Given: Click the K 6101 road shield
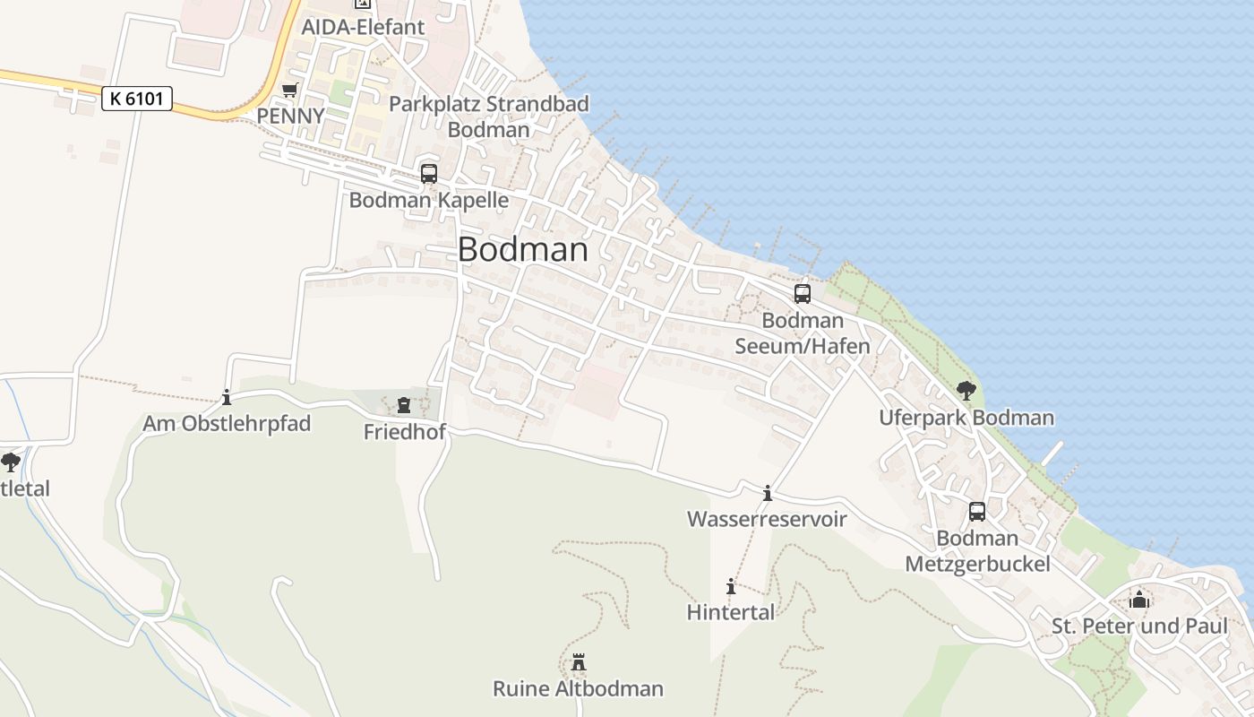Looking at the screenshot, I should tap(137, 99).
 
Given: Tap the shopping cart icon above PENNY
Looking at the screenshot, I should tap(289, 91).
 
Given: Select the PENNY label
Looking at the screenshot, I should tap(289, 117).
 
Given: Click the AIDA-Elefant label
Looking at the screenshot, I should tap(363, 27).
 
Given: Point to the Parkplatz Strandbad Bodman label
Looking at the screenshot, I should tap(489, 117).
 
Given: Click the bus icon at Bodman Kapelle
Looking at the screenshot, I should tap(429, 174).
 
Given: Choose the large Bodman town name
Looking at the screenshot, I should tap(523, 250).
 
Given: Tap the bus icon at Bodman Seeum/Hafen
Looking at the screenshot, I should tap(803, 294).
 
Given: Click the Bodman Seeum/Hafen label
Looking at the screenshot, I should tap(803, 333).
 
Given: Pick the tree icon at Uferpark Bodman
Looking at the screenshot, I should tap(966, 390).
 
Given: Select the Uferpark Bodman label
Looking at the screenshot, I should tap(966, 418).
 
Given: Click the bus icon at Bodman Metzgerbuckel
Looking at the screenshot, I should tap(977, 512).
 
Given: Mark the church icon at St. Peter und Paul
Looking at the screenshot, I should tap(1139, 599).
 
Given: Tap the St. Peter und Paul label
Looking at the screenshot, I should tap(1139, 626).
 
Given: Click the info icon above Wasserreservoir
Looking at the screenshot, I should tap(767, 493).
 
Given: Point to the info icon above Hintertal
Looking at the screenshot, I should tap(731, 587).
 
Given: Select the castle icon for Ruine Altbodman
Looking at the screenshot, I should tap(579, 662).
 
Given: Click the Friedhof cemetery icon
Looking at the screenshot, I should tap(404, 405).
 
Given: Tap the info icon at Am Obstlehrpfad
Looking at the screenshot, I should tap(227, 397).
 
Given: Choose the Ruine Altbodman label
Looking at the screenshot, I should tap(579, 689).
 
